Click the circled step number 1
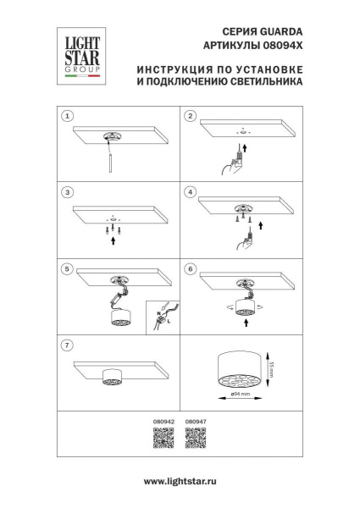[x=69, y=115]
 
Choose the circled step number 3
[x=69, y=192]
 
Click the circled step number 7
[x=69, y=345]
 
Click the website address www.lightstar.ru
[x=180, y=482]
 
